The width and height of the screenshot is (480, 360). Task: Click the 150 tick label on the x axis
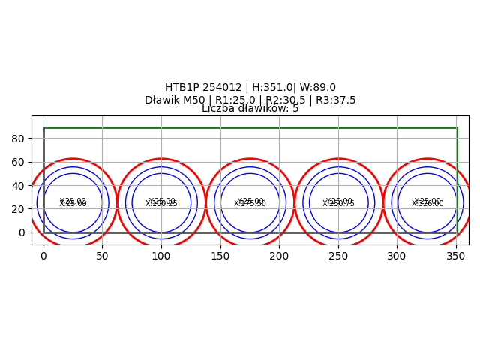pyautogui.click(x=220, y=256)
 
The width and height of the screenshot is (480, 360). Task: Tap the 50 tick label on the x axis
pyautogui.click(x=102, y=256)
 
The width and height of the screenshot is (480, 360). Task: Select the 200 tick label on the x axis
pyautogui.click(x=279, y=256)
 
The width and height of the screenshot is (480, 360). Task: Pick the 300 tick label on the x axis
pyautogui.click(x=397, y=256)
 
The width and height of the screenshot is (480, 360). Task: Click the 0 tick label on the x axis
pyautogui.click(x=43, y=256)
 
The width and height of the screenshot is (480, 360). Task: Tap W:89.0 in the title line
pyautogui.click(x=318, y=88)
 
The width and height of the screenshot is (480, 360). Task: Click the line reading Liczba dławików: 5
pyautogui.click(x=250, y=109)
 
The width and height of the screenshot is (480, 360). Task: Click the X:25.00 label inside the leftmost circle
pyautogui.click(x=73, y=204)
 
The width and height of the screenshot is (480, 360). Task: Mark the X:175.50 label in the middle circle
pyautogui.click(x=250, y=204)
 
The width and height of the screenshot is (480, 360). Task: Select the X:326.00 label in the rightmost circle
pyautogui.click(x=427, y=204)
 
